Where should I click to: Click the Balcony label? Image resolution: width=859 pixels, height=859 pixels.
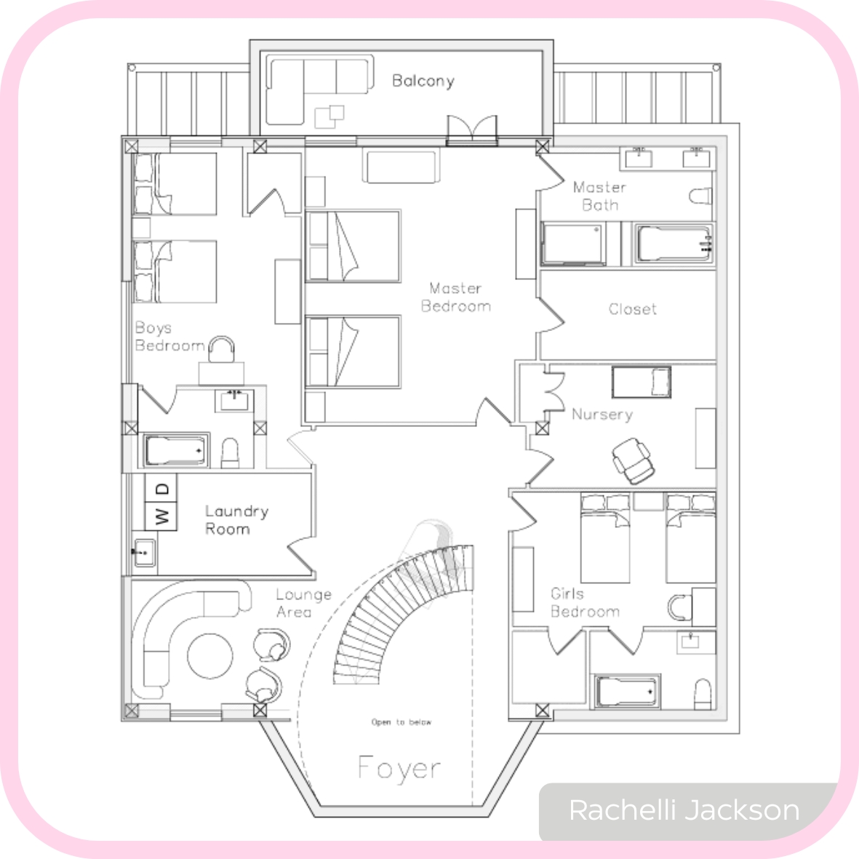click(423, 81)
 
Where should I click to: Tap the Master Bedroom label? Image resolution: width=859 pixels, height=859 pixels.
click(456, 297)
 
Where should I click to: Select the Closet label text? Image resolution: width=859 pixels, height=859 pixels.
click(632, 309)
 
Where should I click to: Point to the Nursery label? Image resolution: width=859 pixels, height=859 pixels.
click(602, 414)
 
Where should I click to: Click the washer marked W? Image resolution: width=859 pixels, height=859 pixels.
click(161, 516)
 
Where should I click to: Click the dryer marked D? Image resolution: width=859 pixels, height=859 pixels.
click(161, 487)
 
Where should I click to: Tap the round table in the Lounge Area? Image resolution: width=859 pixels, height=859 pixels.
click(209, 656)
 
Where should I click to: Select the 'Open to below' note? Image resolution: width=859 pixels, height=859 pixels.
click(401, 722)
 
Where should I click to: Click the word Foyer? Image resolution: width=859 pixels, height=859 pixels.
click(399, 767)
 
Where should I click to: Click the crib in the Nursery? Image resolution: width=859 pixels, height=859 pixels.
click(642, 383)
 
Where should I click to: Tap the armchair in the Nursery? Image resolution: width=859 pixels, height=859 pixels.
click(634, 460)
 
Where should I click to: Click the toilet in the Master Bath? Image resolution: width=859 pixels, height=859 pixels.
click(700, 196)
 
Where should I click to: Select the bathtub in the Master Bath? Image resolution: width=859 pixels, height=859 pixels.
click(674, 244)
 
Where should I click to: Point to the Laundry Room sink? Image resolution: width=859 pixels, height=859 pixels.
click(144, 553)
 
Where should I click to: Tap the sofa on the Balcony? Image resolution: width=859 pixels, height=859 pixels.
click(318, 89)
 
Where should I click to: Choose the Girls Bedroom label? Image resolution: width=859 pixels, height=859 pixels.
click(585, 603)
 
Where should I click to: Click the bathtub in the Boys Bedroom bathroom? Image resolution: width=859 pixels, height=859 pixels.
click(176, 450)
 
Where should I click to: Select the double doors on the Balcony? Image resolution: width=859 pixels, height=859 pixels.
click(471, 130)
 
